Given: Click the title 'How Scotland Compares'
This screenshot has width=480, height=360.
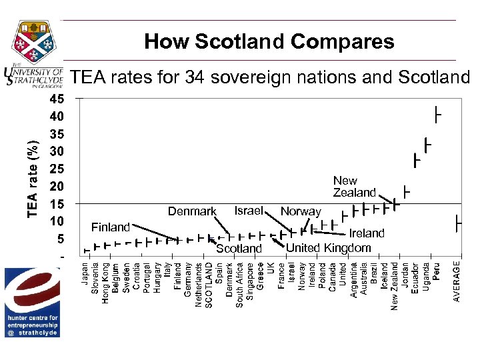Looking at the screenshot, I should click(269, 42).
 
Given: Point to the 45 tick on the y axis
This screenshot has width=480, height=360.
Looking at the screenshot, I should click(57, 99).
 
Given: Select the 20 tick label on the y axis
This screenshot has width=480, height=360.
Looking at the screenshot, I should click(57, 186).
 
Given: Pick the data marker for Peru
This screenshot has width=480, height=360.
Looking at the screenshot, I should click(437, 115).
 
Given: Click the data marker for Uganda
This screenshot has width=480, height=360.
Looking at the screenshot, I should click(426, 145).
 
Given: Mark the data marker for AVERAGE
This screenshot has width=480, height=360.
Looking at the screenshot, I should click(458, 222).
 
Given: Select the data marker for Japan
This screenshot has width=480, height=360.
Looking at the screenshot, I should click(85, 250).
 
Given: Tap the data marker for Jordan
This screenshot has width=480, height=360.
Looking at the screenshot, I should click(405, 193).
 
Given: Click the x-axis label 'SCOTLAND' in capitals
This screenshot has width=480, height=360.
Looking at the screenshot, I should click(209, 283).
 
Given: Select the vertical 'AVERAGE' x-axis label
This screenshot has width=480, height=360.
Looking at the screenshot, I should click(457, 281).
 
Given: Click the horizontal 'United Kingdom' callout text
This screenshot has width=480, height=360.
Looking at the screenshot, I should click(328, 248).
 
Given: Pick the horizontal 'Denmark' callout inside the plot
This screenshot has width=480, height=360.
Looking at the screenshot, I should click(192, 211).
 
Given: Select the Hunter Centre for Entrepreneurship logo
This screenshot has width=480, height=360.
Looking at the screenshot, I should click(33, 302).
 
